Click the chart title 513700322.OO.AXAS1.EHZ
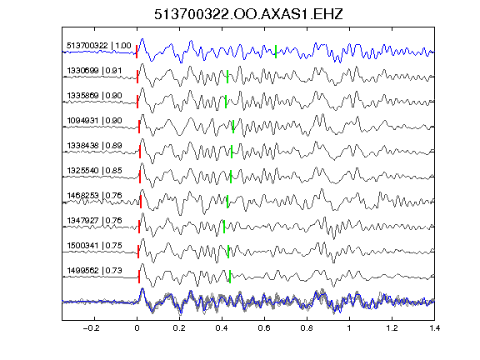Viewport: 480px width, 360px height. tap(248, 14)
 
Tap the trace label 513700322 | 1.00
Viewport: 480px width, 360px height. tap(99, 46)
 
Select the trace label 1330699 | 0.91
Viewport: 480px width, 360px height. tap(94, 71)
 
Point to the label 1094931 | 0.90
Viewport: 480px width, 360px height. tap(94, 121)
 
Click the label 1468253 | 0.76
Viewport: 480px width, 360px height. tap(94, 195)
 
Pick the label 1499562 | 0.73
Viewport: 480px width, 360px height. tap(94, 271)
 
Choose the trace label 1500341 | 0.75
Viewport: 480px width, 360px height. tap(94, 246)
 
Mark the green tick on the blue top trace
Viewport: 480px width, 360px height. tap(276, 52)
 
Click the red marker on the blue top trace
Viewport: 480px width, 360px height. tap(137, 52)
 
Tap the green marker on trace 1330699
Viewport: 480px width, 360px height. tap(227, 77)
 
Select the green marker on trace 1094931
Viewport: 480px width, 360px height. tap(233, 127)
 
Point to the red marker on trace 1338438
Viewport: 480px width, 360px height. tap(140, 152)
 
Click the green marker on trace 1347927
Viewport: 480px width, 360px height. tap(224, 227)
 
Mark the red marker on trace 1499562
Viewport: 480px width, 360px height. tap(139, 277)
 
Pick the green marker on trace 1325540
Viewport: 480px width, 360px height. tap(231, 177)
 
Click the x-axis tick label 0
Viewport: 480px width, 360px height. tap(137, 328)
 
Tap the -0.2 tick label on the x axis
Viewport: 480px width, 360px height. tap(91, 328)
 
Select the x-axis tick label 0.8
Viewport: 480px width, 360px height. tap(307, 328)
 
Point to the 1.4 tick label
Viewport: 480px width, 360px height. tap(434, 328)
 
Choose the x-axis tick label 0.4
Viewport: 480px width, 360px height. tap(222, 328)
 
